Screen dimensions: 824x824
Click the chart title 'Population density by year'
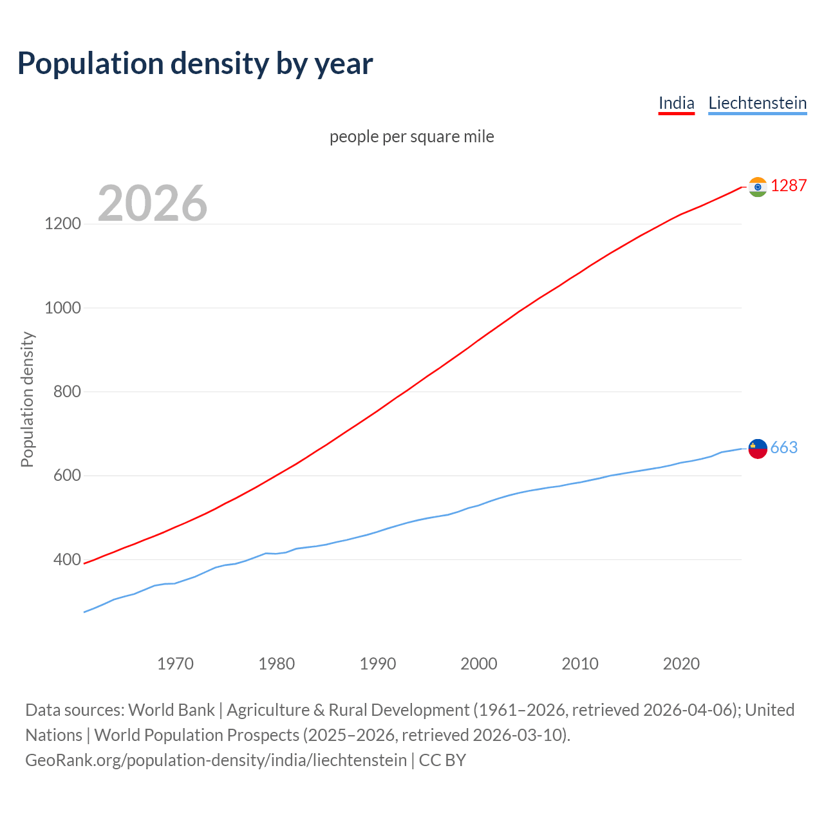click(x=195, y=63)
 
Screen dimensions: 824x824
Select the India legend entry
click(x=676, y=103)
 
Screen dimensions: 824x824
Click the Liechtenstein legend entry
click(x=757, y=103)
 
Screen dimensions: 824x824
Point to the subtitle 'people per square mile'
click(x=412, y=136)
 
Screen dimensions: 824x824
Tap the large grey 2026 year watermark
click(x=153, y=203)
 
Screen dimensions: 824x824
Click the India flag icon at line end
click(x=758, y=187)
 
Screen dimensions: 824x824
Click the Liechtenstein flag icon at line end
click(x=758, y=448)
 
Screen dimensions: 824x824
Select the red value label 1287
click(x=789, y=185)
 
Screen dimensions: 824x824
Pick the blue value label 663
click(x=784, y=447)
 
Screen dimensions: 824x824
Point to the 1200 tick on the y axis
click(x=63, y=224)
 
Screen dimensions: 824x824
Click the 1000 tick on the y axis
click(x=63, y=308)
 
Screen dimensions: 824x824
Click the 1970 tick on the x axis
click(x=175, y=664)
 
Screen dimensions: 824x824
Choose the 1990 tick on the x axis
click(x=378, y=664)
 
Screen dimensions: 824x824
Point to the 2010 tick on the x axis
click(x=580, y=664)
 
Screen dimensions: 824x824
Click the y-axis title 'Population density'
click(x=27, y=399)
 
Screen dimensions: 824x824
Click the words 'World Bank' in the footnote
click(x=171, y=709)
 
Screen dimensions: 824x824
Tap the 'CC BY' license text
click(x=442, y=760)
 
